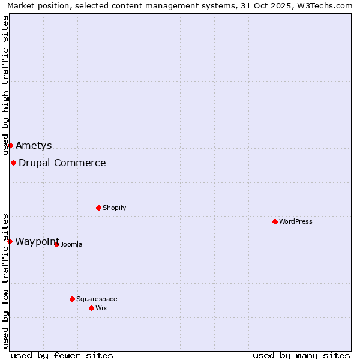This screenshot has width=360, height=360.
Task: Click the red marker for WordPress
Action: (x=275, y=221)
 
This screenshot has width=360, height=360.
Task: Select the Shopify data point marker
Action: (x=99, y=208)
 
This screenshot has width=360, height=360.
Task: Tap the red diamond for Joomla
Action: (x=57, y=244)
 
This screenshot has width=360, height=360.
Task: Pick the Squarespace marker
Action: (x=73, y=299)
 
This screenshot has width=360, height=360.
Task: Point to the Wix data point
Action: (x=92, y=308)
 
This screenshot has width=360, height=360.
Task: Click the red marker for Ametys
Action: (x=10, y=145)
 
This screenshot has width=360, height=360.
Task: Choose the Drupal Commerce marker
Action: (x=13, y=163)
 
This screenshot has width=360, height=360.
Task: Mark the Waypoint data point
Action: (x=10, y=241)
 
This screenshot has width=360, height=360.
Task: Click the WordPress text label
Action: (x=296, y=221)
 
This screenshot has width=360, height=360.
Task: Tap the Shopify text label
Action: (x=115, y=208)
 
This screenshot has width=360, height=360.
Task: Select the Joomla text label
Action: (x=71, y=244)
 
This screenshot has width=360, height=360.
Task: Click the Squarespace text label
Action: (x=97, y=299)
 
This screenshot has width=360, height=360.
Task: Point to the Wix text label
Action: (x=101, y=308)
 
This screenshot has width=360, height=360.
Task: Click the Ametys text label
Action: (x=34, y=145)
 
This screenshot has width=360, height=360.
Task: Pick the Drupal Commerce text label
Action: (x=62, y=163)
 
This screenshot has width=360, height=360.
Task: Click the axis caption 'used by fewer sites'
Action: (x=62, y=355)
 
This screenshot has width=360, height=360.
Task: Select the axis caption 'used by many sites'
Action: (x=301, y=355)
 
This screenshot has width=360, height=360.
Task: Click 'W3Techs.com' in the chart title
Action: (x=326, y=6)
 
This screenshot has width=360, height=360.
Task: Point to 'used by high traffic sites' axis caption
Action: (x=6, y=85)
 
